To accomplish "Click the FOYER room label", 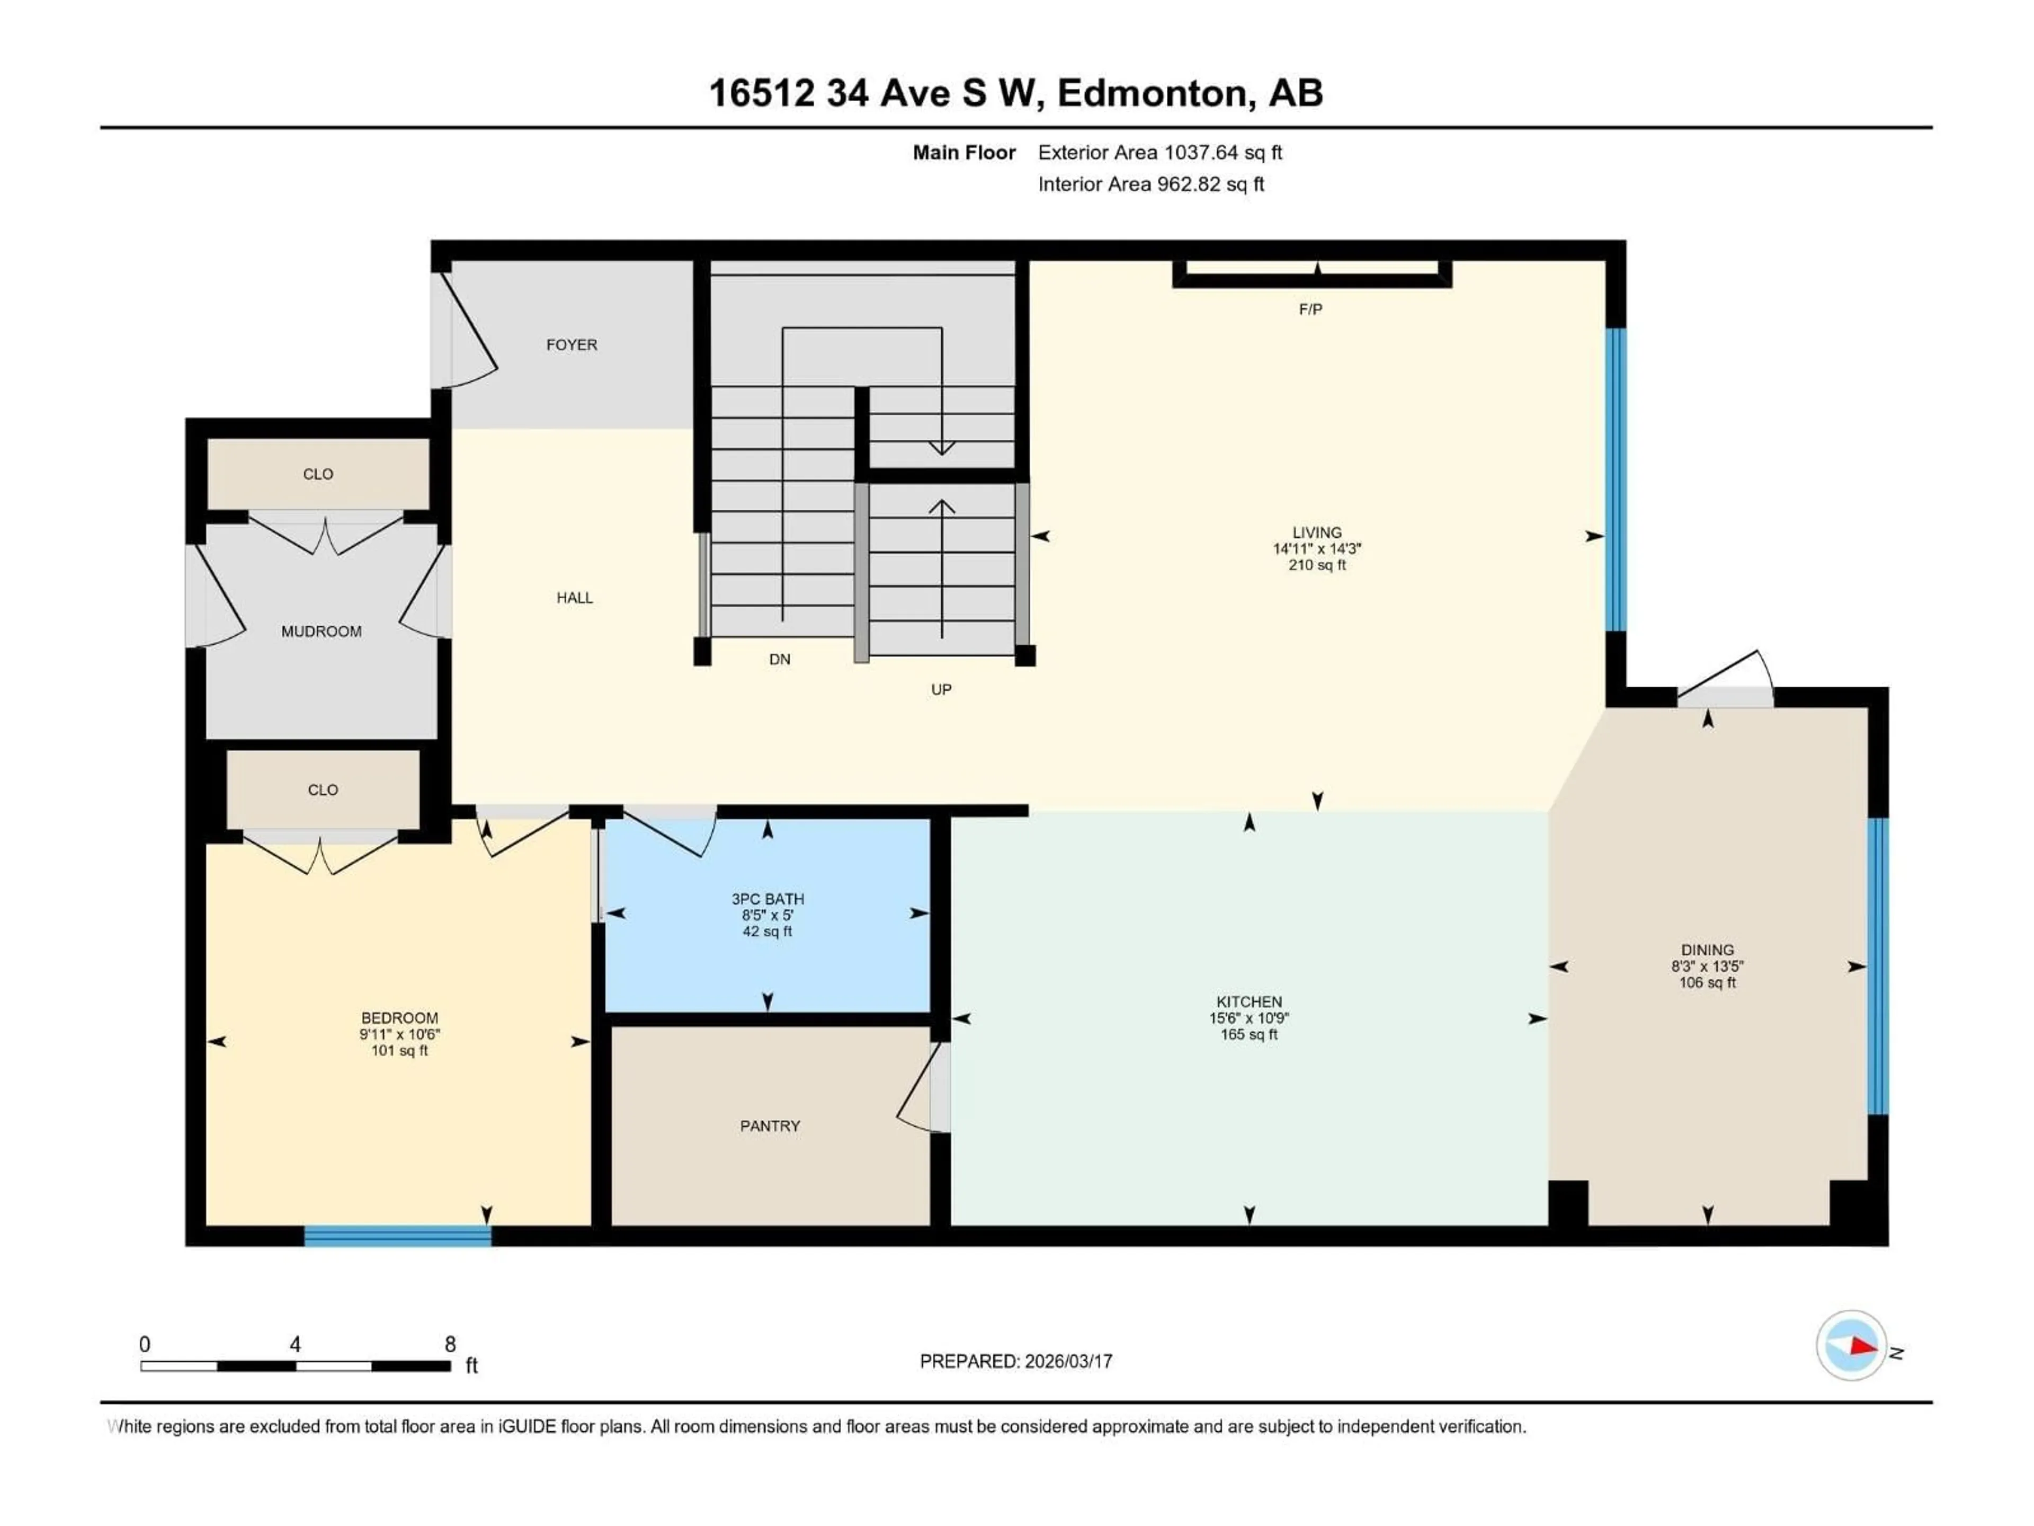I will pyautogui.click(x=571, y=345).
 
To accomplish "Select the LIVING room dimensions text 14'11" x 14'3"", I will pyautogui.click(x=1317, y=549).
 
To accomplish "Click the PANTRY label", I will pyautogui.click(x=770, y=1126).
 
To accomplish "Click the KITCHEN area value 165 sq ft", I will pyautogui.click(x=1248, y=1035).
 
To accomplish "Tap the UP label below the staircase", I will pyautogui.click(x=941, y=690).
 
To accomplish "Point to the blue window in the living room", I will pyautogui.click(x=1616, y=479).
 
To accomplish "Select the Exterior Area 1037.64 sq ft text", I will pyautogui.click(x=1159, y=153).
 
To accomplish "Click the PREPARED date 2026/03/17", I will pyautogui.click(x=1067, y=1361).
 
